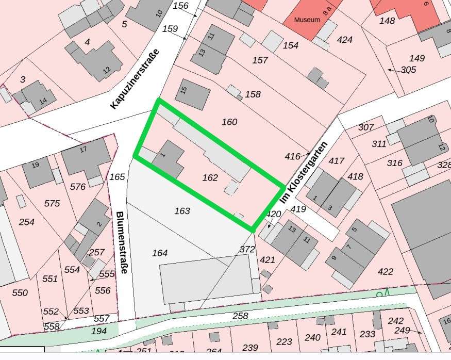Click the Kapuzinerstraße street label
pyautogui.click(x=136, y=78)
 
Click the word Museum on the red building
pyautogui.click(x=307, y=20)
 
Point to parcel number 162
pyautogui.click(x=210, y=177)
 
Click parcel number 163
pyautogui.click(x=182, y=210)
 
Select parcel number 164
pyautogui.click(x=160, y=253)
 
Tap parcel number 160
pyautogui.click(x=229, y=122)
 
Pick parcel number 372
pyautogui.click(x=247, y=249)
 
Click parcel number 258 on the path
pyautogui.click(x=241, y=316)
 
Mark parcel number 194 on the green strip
pyautogui.click(x=99, y=331)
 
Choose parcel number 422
pyautogui.click(x=385, y=271)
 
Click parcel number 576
pyautogui.click(x=78, y=187)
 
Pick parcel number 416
pyautogui.click(x=292, y=156)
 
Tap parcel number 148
pyautogui.click(x=387, y=21)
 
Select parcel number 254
pyautogui.click(x=26, y=222)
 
